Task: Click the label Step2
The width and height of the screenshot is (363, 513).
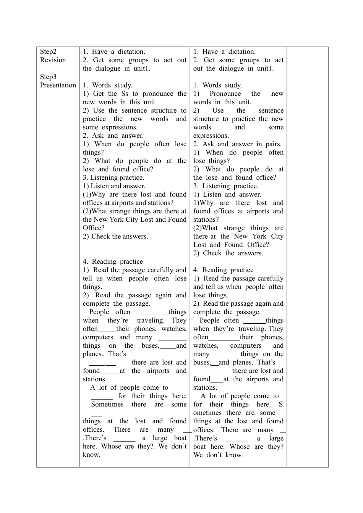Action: pyautogui.click(x=48, y=52)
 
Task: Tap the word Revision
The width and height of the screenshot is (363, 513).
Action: pyautogui.click(x=53, y=60)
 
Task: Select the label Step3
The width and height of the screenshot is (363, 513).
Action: pyautogui.click(x=48, y=77)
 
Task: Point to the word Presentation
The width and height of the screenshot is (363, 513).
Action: pyautogui.click(x=58, y=85)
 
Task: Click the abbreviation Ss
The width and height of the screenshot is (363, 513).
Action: pyautogui.click(x=125, y=94)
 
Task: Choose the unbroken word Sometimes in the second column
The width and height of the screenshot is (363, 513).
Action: pyautogui.click(x=107, y=404)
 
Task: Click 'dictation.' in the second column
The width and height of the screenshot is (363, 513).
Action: pyautogui.click(x=131, y=52)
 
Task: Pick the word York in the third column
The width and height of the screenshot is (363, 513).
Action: pyautogui.click(x=259, y=236)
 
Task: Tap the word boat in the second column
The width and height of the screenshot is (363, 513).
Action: pyautogui.click(x=180, y=438)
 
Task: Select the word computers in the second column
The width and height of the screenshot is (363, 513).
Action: pyautogui.click(x=98, y=337)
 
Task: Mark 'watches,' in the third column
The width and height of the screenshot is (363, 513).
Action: pyautogui.click(x=206, y=345)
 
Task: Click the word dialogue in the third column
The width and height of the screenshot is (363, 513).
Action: pyautogui.click(x=232, y=68)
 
